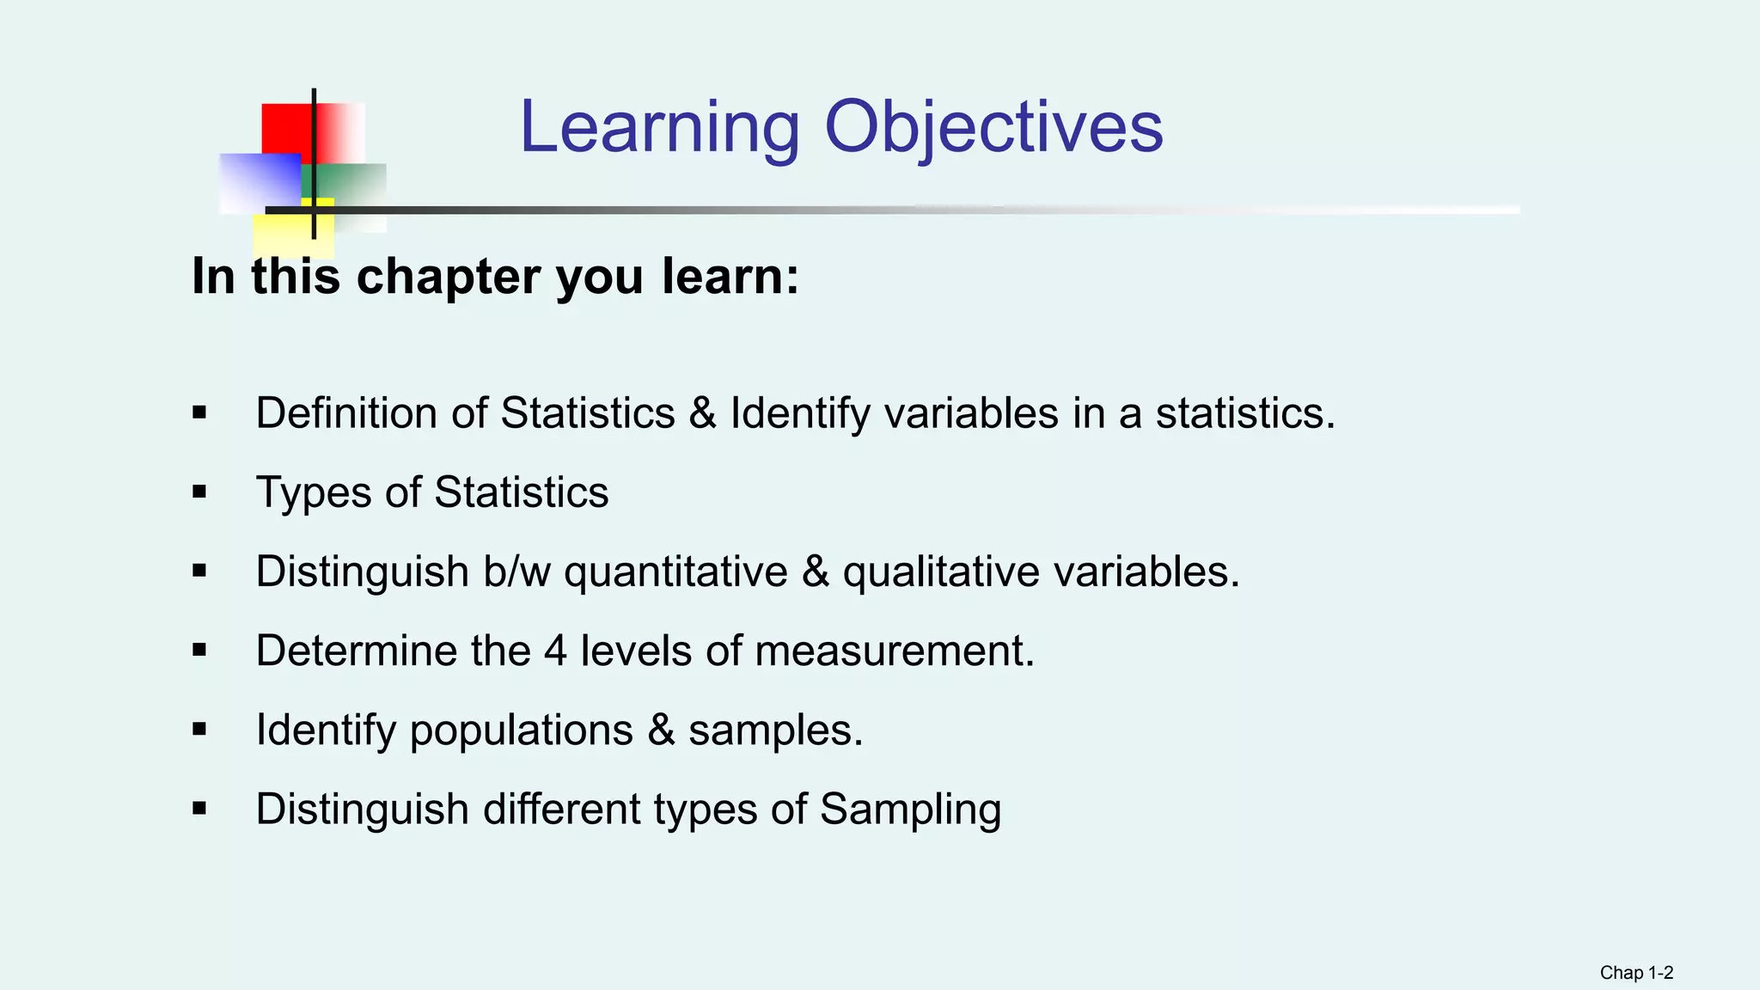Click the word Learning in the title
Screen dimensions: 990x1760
click(x=659, y=127)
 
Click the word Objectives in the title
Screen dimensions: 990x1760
click(x=993, y=127)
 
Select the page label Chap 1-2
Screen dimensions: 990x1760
click(x=1635, y=973)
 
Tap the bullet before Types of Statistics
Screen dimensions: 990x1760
click(x=199, y=492)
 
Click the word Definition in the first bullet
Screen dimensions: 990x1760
click(x=346, y=413)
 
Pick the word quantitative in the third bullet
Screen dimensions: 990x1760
click(x=675, y=572)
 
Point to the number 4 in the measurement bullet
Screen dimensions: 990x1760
click(x=555, y=651)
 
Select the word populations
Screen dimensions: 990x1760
click(x=521, y=730)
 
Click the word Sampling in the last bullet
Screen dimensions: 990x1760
click(x=910, y=810)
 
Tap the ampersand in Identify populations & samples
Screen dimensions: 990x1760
click(x=661, y=730)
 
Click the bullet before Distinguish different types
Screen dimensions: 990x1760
click(x=199, y=809)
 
